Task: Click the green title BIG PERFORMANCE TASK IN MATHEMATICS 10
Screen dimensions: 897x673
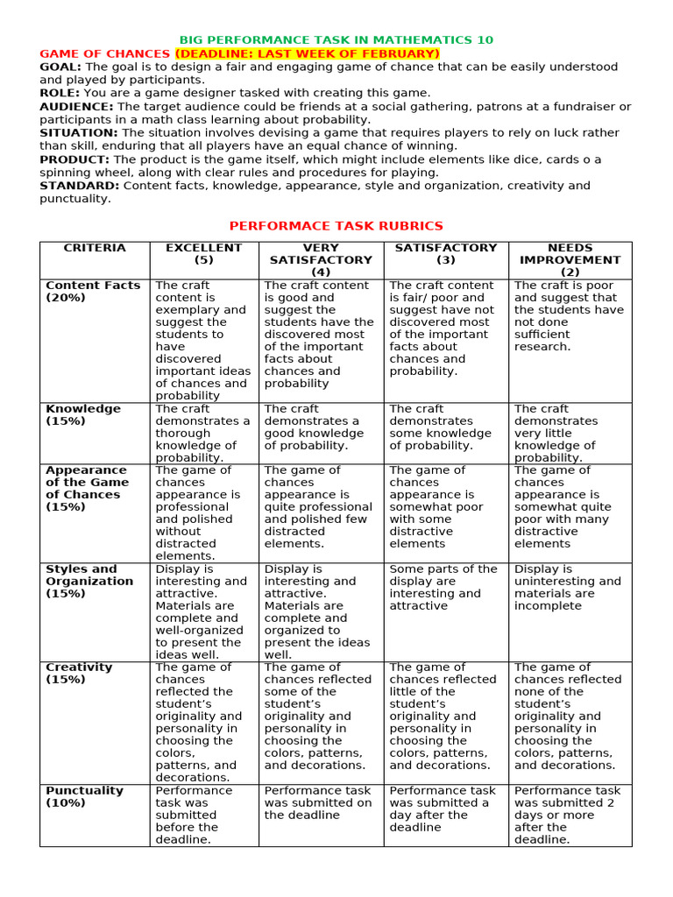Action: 336,40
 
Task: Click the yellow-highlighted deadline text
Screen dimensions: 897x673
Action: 306,53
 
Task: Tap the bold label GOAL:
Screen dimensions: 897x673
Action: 60,67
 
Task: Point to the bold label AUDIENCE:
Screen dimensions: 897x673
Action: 75,106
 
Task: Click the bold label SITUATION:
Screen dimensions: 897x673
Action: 78,132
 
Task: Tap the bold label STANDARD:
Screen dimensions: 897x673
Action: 80,186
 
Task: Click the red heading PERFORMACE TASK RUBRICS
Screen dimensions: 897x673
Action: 336,226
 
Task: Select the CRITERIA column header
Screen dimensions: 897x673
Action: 95,248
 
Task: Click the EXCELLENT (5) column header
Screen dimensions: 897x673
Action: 203,254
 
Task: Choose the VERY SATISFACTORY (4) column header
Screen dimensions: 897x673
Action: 321,260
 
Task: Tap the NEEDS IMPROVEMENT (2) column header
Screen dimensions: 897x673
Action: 570,260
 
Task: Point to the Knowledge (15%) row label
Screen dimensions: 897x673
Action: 83,414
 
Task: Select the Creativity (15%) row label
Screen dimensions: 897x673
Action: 79,673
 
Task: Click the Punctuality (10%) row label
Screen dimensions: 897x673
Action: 84,796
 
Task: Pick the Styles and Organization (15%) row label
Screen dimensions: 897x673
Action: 89,581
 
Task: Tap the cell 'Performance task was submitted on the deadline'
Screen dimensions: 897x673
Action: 318,802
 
